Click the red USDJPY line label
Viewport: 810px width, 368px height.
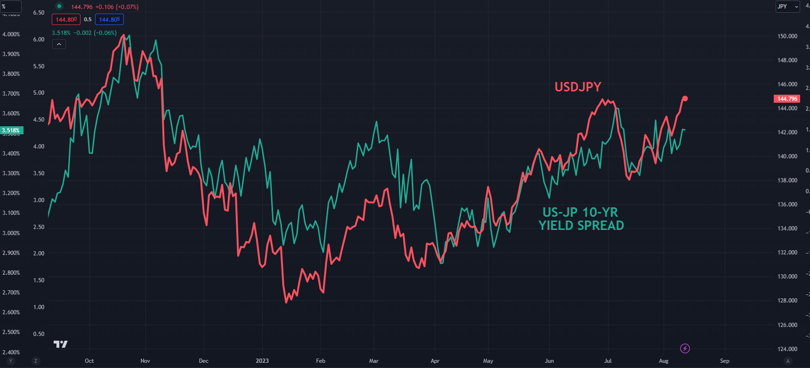577,87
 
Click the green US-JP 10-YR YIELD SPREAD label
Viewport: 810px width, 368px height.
581,219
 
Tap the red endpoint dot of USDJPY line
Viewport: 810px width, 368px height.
685,98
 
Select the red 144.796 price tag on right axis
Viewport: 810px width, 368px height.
787,99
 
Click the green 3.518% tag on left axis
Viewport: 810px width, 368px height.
11,131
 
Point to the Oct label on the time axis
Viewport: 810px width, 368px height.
89,361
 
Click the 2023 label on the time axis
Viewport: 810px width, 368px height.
262,361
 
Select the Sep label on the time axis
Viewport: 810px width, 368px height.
724,361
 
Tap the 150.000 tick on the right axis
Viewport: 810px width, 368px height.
787,36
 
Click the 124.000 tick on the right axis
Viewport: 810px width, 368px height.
787,349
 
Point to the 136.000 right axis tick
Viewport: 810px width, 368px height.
787,204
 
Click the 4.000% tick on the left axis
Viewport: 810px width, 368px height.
11,34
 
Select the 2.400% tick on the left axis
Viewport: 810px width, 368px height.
11,352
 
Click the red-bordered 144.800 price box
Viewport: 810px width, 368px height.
66,20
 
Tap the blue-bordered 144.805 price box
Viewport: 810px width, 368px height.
109,20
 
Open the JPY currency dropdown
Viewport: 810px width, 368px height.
787,7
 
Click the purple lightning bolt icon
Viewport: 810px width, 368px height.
685,349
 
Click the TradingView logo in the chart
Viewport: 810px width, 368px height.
61,344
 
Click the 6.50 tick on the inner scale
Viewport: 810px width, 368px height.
39,13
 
